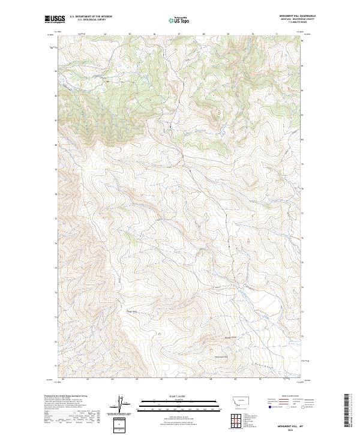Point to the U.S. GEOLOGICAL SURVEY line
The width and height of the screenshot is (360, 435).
[x=88, y=20]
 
